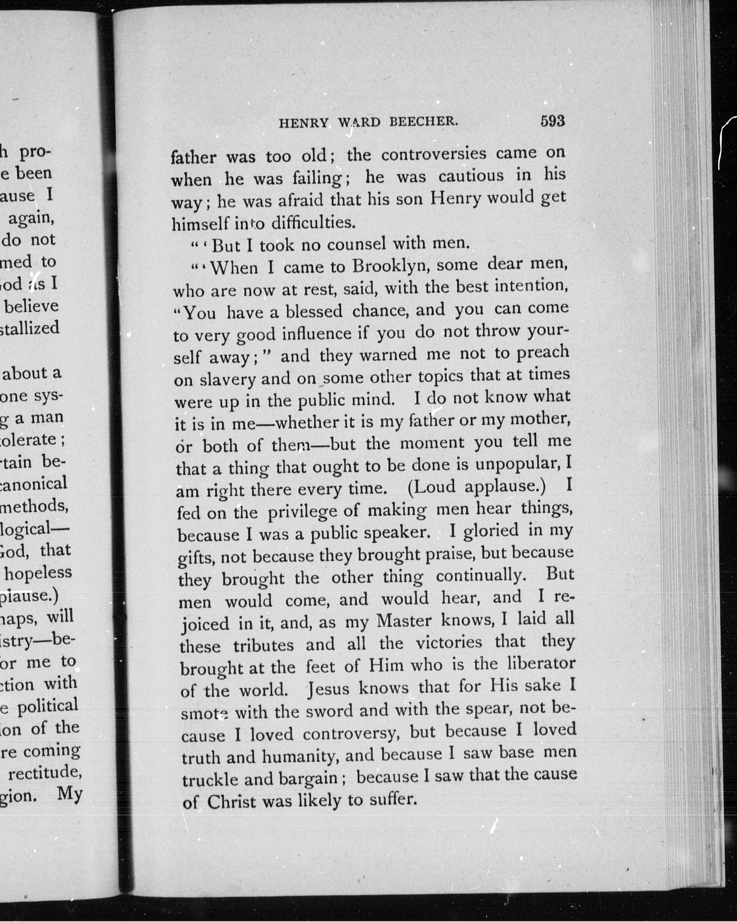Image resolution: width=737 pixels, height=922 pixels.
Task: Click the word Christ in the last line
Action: [x=231, y=802]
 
